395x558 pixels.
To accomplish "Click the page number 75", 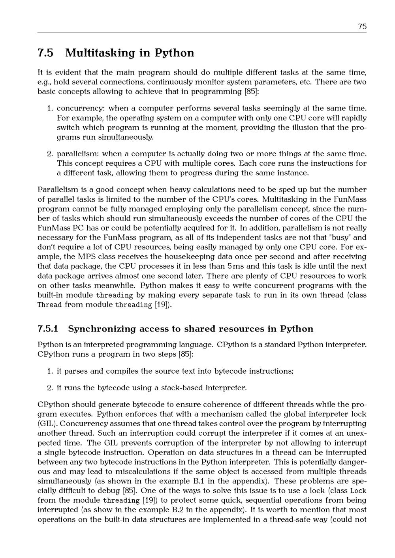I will tap(362, 26).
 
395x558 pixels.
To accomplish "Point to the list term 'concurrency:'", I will tap(81, 108).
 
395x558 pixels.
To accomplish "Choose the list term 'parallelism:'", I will tap(77, 154).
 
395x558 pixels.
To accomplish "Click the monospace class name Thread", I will tap(49, 305).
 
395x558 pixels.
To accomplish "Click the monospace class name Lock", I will tap(359, 491).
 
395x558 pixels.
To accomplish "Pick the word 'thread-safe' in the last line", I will tap(290, 520).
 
